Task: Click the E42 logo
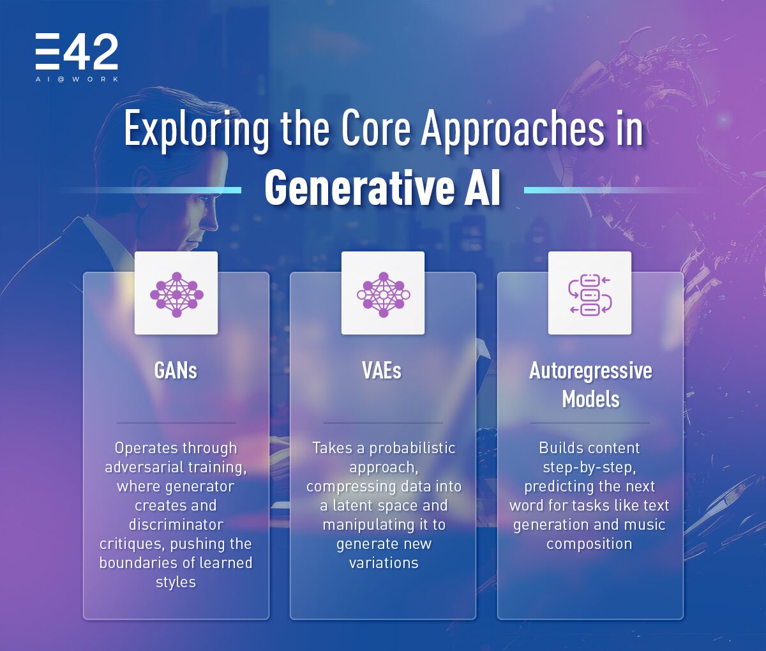77,52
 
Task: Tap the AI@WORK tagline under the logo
77,79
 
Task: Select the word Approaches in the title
512,130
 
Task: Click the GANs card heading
176,371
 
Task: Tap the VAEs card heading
382,371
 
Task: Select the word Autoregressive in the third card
590,371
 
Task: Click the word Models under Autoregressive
590,399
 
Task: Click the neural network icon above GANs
176,294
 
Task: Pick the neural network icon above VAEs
383,294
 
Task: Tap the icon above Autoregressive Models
590,294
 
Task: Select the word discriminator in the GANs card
176,525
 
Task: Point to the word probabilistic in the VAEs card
412,448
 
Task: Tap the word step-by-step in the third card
589,467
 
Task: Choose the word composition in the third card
589,544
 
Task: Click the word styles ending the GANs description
176,582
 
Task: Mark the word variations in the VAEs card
383,563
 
